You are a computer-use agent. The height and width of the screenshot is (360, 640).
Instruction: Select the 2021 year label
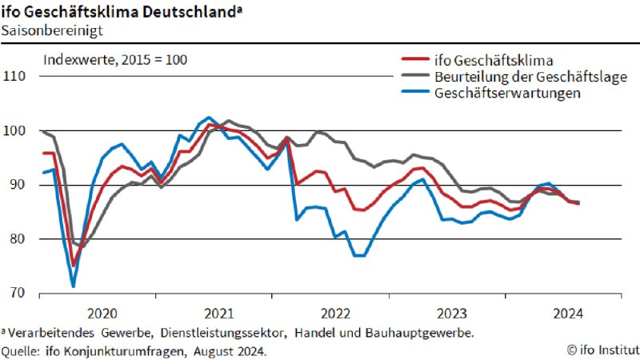pyautogui.click(x=218, y=313)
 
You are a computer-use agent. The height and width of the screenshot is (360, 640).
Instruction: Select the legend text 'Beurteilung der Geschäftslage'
pyautogui.click(x=530, y=76)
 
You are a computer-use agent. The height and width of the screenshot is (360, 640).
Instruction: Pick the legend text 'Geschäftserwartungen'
pyautogui.click(x=507, y=93)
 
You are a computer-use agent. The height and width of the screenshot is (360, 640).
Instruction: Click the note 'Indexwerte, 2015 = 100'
pyautogui.click(x=115, y=59)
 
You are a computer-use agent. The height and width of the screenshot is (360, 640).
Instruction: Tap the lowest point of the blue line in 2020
pyautogui.click(x=74, y=286)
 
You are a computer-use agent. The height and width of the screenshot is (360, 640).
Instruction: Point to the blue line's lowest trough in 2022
pyautogui.click(x=358, y=255)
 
